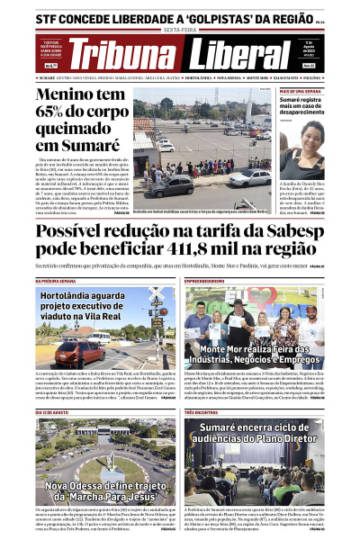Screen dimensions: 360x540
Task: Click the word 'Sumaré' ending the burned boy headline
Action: [85, 146]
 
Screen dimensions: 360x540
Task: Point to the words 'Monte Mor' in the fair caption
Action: [225, 347]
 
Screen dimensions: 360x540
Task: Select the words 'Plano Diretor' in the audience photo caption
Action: [292, 439]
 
